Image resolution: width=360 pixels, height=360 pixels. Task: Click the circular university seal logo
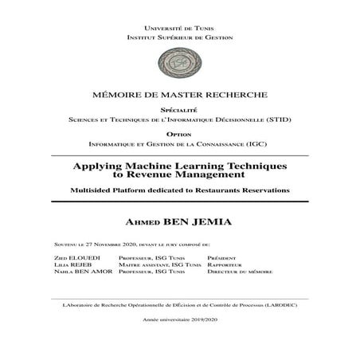(179, 61)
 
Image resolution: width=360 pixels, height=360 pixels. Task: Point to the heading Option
(179, 135)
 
